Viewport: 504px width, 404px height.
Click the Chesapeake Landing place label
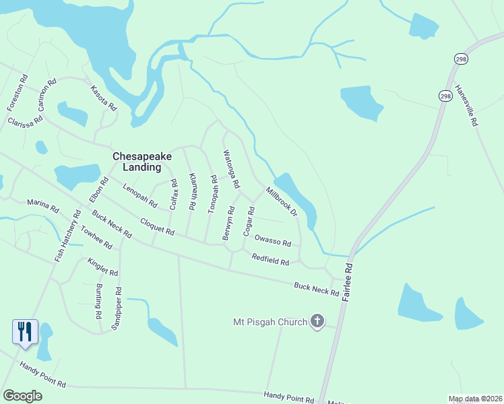pos(142,162)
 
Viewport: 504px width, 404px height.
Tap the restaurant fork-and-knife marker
pos(25,331)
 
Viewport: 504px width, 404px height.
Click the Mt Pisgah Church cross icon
pos(317,322)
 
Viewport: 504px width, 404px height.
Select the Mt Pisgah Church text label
pos(270,322)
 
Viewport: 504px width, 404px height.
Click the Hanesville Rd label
pos(466,106)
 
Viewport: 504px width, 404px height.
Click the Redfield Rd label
pos(270,259)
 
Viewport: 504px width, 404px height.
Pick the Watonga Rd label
pos(231,169)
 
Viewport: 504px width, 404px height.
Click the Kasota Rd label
pos(104,99)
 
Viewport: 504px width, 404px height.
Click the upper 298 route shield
pos(460,59)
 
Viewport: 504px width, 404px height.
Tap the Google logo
pos(23,396)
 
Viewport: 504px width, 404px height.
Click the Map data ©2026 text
pos(475,399)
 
